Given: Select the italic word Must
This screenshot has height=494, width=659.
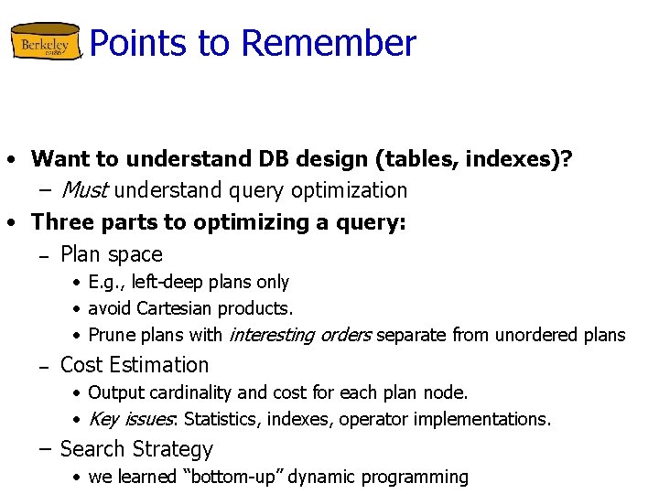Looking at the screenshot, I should click(x=84, y=190).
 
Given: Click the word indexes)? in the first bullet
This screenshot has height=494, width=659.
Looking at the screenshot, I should click(x=520, y=158).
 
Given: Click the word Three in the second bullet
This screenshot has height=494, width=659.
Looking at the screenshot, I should click(x=63, y=222).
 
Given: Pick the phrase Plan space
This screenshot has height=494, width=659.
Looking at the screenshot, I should click(x=111, y=254).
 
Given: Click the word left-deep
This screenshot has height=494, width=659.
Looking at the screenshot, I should click(x=169, y=282).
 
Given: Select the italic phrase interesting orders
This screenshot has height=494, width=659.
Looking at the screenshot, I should click(x=299, y=335).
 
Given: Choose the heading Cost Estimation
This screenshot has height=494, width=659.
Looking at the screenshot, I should click(x=134, y=364).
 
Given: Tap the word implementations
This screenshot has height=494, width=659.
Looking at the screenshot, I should click(x=491, y=419).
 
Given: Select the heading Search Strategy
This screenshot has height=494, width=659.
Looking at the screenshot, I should click(x=135, y=449).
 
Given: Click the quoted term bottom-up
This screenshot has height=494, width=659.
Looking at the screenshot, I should click(x=223, y=477).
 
